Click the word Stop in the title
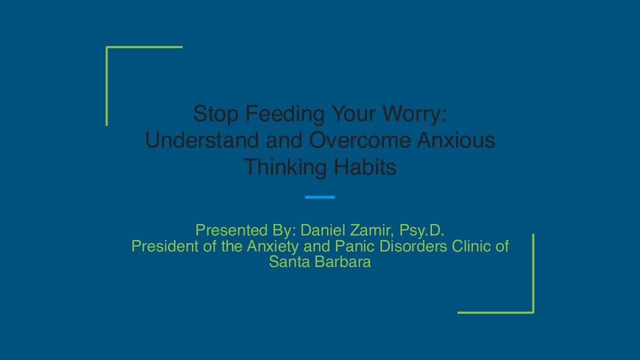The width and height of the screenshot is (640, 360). [215, 114]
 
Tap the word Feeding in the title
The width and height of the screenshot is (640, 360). [285, 114]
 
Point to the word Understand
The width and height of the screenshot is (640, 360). [202, 139]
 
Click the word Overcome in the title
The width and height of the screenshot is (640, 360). [360, 139]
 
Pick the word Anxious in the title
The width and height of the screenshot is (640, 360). [456, 139]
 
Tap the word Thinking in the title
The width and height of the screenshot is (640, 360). [285, 167]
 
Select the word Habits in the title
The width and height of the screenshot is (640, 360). [365, 166]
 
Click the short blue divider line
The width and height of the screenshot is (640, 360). [320, 197]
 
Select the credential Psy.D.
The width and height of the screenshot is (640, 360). [421, 231]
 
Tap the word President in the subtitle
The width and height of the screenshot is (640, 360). [165, 246]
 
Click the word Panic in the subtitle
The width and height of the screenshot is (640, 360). [354, 246]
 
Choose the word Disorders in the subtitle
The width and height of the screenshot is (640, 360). [413, 246]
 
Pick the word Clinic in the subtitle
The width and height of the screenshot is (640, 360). [471, 246]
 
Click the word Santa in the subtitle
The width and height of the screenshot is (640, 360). [289, 261]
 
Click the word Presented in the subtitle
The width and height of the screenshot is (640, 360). [231, 230]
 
